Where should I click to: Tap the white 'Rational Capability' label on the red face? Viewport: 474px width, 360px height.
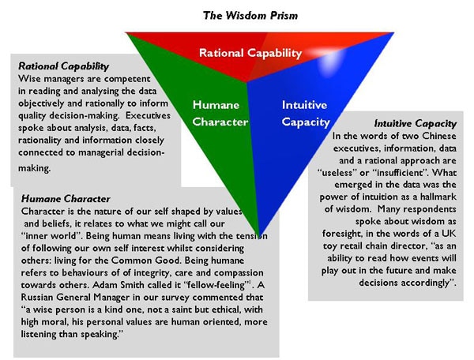click(x=250, y=54)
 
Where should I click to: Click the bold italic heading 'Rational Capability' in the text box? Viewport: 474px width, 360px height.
click(x=63, y=66)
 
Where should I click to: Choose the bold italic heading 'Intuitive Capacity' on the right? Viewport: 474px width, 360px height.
click(x=415, y=124)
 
